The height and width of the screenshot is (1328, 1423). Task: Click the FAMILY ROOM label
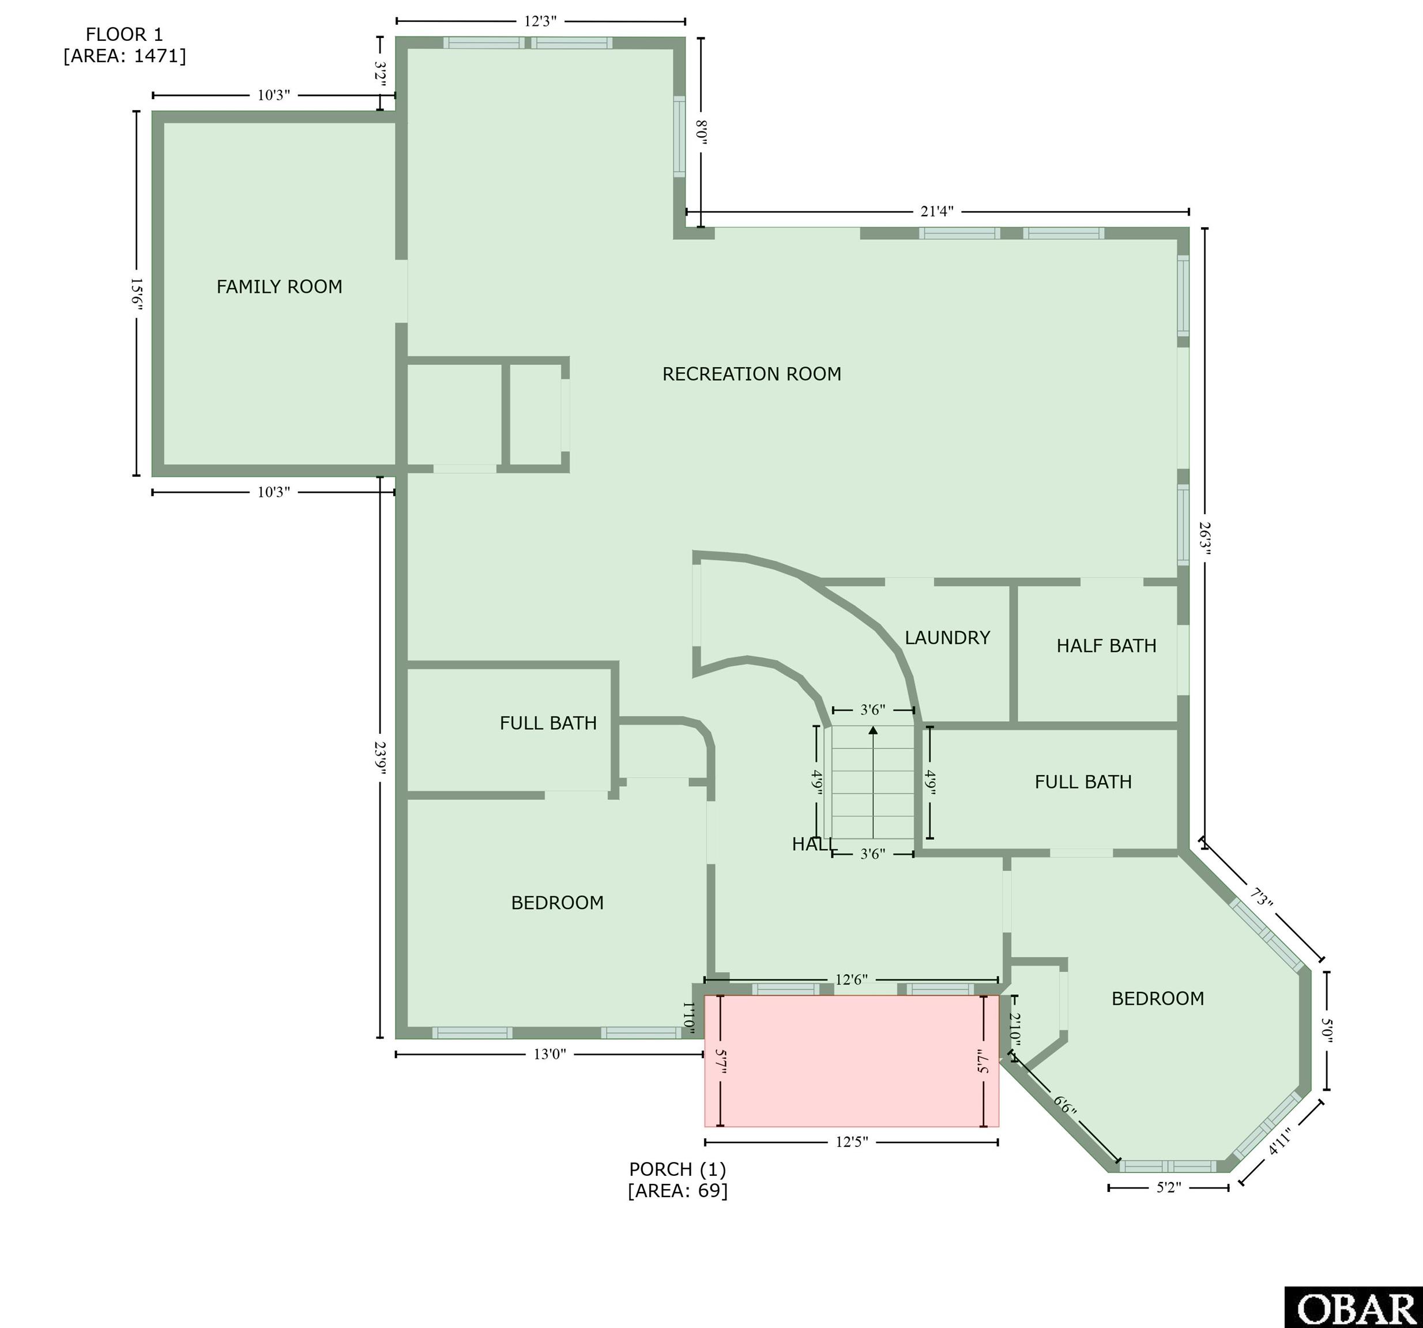[x=279, y=287]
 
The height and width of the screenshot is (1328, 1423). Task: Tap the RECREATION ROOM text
[x=752, y=374]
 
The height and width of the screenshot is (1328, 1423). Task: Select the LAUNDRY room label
[x=947, y=637]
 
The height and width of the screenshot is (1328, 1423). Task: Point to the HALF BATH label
[x=1106, y=646]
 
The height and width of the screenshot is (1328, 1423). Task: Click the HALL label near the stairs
[x=814, y=844]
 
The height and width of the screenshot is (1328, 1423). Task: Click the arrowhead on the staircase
[x=872, y=730]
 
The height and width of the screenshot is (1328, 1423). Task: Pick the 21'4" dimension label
[x=936, y=212]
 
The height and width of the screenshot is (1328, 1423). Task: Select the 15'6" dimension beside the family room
[x=137, y=293]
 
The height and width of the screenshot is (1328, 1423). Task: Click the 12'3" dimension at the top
[x=540, y=21]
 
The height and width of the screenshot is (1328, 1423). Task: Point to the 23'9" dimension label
[x=380, y=759]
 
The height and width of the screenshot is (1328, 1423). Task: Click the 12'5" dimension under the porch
[x=852, y=1142]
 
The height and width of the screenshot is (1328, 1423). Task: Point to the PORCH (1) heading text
[x=677, y=1169]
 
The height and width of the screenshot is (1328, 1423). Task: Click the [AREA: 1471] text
[x=125, y=56]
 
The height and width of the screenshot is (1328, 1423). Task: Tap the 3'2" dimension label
[x=380, y=74]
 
